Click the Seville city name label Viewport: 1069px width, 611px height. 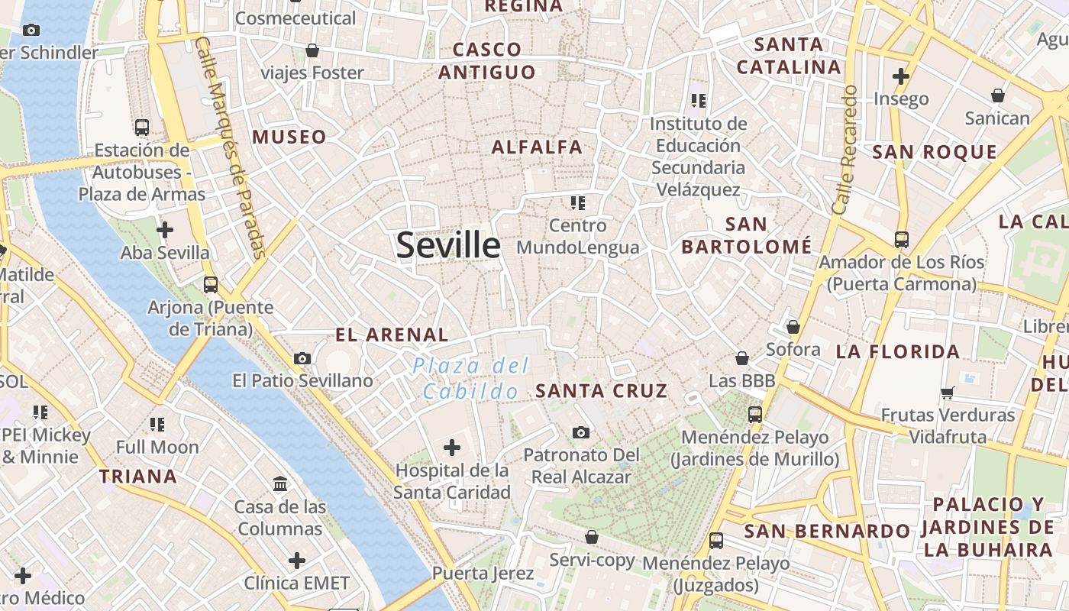[448, 245]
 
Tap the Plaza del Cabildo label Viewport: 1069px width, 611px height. [470, 378]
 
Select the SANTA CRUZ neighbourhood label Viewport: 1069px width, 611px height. [602, 391]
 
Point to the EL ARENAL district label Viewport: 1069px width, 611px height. [392, 335]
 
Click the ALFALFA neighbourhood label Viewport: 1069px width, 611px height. [537, 147]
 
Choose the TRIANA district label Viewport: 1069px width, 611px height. [137, 477]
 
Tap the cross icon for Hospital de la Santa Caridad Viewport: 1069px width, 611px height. [452, 447]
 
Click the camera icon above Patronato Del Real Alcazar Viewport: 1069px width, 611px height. [581, 433]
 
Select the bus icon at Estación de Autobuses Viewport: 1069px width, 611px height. [141, 127]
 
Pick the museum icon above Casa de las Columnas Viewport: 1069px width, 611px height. [280, 484]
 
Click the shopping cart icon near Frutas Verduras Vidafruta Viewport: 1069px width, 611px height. [948, 393]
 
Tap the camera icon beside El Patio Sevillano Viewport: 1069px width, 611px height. [302, 358]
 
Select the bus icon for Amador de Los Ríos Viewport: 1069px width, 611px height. [901, 239]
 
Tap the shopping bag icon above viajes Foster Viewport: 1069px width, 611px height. [312, 50]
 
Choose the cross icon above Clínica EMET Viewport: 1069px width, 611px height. [296, 561]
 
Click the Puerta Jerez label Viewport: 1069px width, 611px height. [483, 573]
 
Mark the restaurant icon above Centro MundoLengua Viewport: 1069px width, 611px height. [577, 202]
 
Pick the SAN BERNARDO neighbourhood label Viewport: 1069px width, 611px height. [827, 531]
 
